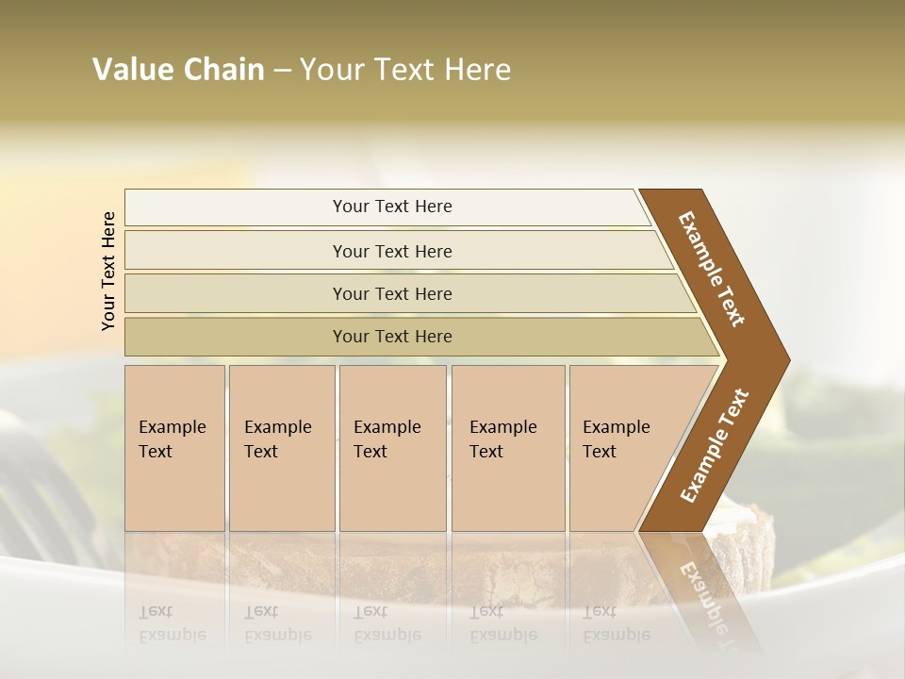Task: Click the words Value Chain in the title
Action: tap(178, 70)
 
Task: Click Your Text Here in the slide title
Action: tap(405, 70)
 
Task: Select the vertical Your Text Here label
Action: tap(108, 271)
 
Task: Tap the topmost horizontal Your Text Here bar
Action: tap(391, 207)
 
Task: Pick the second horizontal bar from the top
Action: tap(391, 251)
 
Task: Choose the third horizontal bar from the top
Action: tap(391, 293)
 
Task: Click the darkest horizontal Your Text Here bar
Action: tap(391, 337)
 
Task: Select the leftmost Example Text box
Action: tap(174, 448)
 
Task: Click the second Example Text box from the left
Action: tap(281, 448)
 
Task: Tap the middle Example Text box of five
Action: tap(392, 448)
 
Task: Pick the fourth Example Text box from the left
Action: tap(507, 448)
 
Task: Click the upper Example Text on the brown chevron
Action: tap(712, 268)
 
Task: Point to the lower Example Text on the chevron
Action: tap(715, 446)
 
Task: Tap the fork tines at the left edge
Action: tap(42, 472)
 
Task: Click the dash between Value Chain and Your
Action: tap(282, 71)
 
